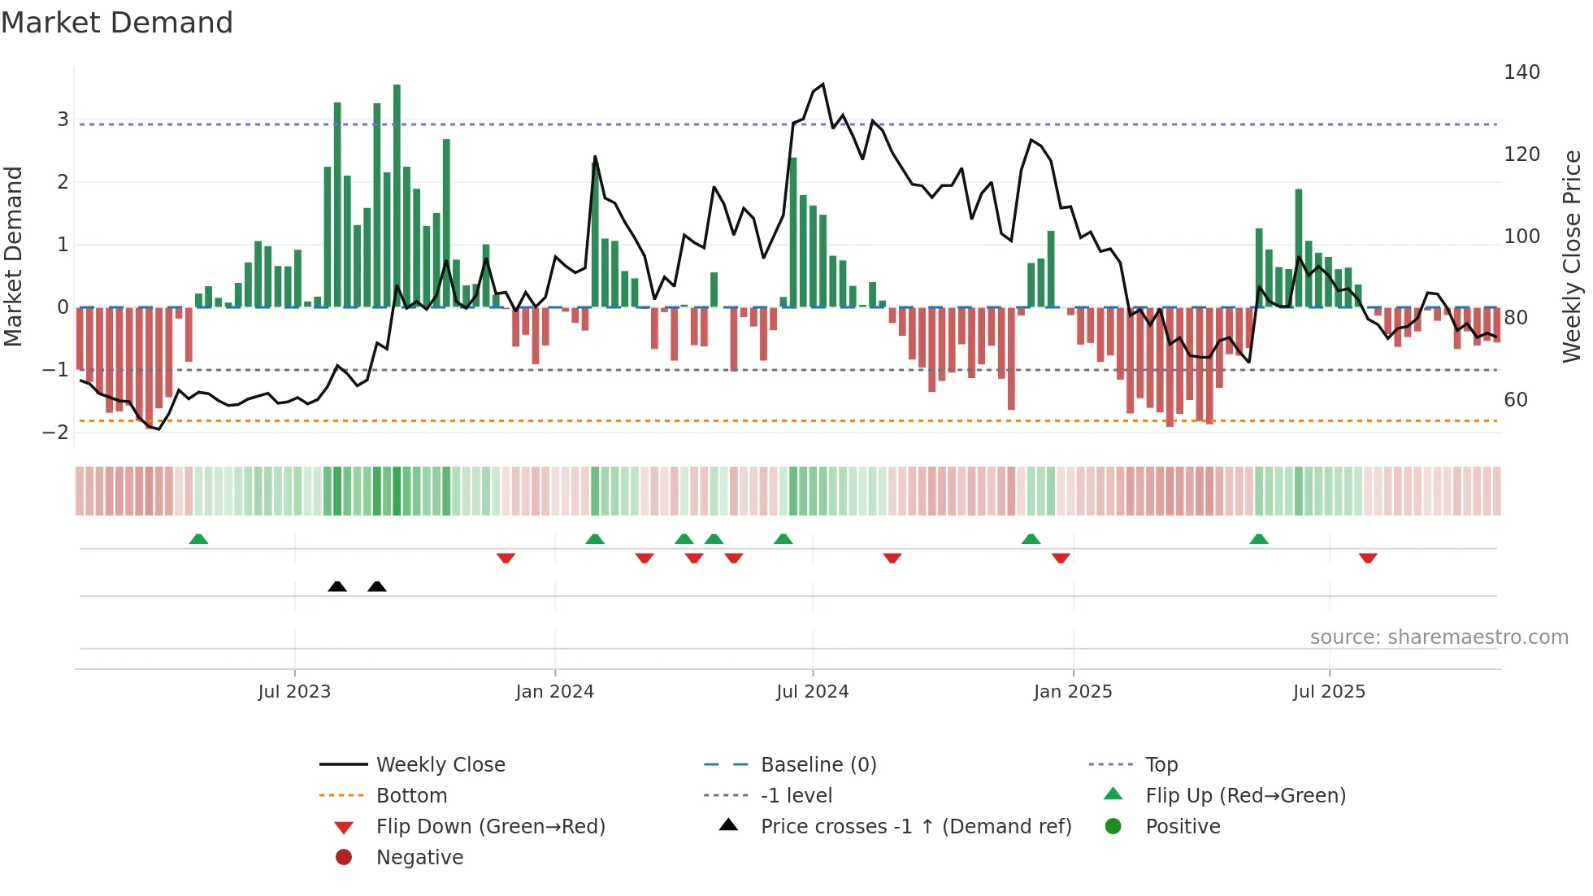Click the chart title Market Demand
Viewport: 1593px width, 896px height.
click(117, 22)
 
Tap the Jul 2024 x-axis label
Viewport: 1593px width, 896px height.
click(812, 692)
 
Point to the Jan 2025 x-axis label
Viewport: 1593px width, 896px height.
click(1072, 692)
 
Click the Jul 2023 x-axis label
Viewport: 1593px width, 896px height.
click(294, 692)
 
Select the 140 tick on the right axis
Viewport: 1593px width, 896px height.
click(1521, 72)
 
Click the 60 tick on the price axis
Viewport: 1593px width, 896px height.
click(1515, 400)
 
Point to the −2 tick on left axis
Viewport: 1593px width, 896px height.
click(55, 432)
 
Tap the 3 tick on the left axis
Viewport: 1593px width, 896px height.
click(63, 120)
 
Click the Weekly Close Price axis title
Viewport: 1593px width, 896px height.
click(1572, 256)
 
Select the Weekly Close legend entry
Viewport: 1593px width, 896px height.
click(440, 765)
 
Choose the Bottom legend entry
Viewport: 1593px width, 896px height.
click(411, 796)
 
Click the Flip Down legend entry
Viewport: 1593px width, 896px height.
click(490, 827)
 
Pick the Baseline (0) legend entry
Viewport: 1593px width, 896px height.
click(818, 765)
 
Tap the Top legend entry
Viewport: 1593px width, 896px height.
click(1161, 765)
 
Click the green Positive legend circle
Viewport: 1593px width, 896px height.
click(1113, 827)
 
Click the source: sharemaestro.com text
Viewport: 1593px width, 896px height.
click(1439, 637)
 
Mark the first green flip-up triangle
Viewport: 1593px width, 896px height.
click(198, 539)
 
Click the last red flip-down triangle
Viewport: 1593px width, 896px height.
click(1368, 558)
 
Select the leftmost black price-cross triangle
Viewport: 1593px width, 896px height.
click(337, 586)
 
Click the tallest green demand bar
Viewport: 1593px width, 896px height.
click(397, 195)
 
